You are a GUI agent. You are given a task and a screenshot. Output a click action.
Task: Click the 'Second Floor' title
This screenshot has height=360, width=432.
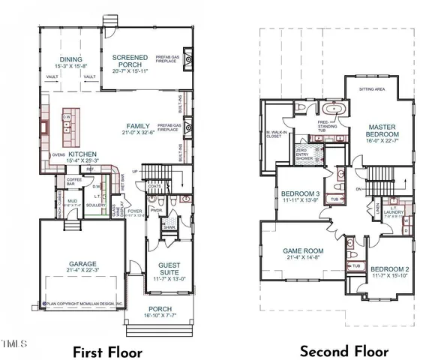click(344, 351)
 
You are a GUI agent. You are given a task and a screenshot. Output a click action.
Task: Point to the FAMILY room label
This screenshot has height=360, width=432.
click(138, 126)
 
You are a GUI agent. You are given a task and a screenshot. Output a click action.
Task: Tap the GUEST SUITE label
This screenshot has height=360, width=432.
click(172, 268)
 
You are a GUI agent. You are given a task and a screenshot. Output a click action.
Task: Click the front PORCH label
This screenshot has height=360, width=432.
click(159, 309)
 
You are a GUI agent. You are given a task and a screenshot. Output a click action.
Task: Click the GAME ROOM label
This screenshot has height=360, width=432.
click(301, 250)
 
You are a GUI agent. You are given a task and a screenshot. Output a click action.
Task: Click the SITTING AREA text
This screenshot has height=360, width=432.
click(374, 88)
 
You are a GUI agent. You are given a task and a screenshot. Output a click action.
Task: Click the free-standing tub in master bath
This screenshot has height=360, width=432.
click(339, 113)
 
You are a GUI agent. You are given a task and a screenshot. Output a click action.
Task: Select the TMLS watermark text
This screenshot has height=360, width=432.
click(14, 345)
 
